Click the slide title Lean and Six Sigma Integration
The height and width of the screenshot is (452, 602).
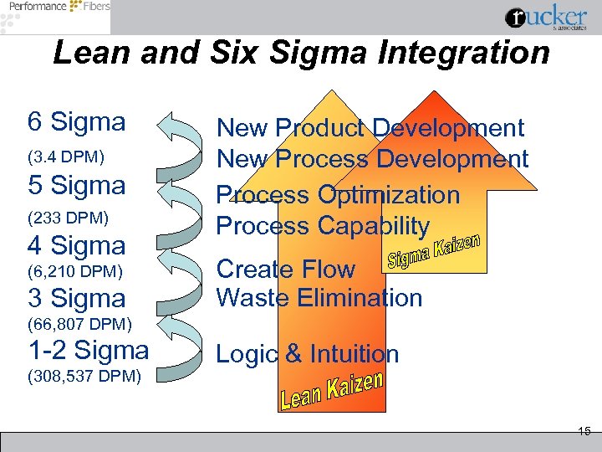click(x=301, y=53)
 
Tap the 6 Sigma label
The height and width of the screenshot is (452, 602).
click(x=76, y=122)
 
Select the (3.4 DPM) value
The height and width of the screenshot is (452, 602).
click(x=66, y=157)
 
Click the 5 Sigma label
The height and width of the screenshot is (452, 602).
click(x=76, y=185)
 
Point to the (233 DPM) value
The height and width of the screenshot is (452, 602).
click(x=68, y=218)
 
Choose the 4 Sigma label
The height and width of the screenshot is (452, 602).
click(x=76, y=246)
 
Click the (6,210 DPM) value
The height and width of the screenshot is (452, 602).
click(x=76, y=270)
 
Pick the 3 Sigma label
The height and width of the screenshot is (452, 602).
click(x=76, y=298)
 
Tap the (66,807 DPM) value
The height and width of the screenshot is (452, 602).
click(x=79, y=324)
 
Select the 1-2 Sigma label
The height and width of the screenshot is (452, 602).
click(x=89, y=349)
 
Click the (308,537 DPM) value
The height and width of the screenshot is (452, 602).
click(x=84, y=376)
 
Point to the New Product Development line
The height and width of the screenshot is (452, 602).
click(x=370, y=128)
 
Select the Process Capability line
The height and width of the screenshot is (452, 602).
click(x=323, y=226)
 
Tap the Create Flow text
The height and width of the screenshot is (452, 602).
click(x=286, y=270)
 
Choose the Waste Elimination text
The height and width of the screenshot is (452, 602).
click(x=319, y=298)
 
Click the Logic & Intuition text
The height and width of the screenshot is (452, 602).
click(x=308, y=354)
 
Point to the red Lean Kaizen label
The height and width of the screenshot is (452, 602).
click(x=331, y=391)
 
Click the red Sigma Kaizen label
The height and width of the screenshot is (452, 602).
click(x=433, y=250)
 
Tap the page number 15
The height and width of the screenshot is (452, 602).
click(x=584, y=431)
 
